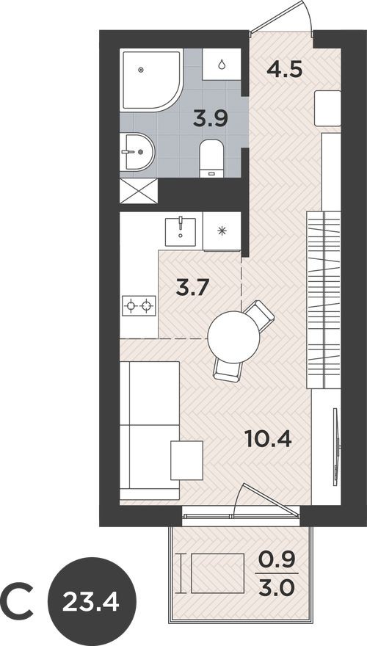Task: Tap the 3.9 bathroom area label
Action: pos(209,117)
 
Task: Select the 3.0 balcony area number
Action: pos(278,589)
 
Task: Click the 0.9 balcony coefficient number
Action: pos(278,559)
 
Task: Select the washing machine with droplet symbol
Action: pos(222,65)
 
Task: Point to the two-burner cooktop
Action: pos(139,305)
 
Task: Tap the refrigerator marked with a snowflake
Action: pos(222,230)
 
